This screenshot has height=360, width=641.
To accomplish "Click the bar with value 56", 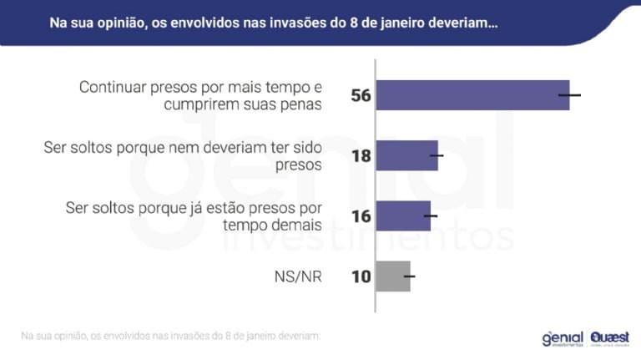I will click(x=472, y=95).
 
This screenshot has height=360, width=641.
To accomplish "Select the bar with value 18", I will click(x=407, y=155).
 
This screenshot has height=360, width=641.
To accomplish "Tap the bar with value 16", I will click(x=404, y=215).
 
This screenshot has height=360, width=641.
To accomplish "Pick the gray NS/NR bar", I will click(x=393, y=276).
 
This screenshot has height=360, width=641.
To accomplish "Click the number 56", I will click(x=361, y=96).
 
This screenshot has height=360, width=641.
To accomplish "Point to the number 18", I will click(x=361, y=156).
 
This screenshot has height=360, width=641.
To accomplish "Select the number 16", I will click(x=361, y=216).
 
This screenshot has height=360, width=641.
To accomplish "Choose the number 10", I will click(x=361, y=276).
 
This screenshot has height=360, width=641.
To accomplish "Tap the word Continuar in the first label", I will click(x=114, y=87).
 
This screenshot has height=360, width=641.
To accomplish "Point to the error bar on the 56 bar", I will click(x=569, y=95).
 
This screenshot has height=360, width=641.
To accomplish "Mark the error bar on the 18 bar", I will click(x=437, y=155).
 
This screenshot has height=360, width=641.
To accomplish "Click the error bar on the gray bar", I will click(x=409, y=276).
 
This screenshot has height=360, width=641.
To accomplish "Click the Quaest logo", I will click(x=608, y=337).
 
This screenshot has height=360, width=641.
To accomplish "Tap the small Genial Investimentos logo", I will click(x=562, y=337).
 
